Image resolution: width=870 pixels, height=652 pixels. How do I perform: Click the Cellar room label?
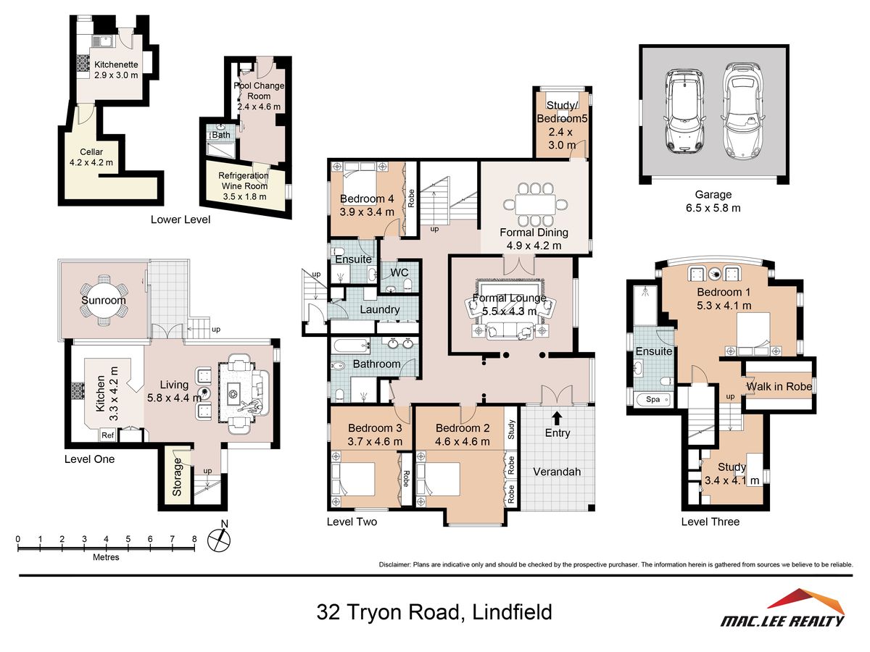(91, 151)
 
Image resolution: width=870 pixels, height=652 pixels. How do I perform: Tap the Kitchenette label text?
(116, 64)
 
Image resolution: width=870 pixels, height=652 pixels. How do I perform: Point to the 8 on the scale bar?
(194, 539)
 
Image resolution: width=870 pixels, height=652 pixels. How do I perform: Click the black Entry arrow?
(557, 418)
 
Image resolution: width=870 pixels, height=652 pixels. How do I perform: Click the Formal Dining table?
(535, 205)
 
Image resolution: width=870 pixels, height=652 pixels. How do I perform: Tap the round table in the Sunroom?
(104, 300)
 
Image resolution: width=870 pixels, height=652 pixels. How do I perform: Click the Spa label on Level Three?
(652, 399)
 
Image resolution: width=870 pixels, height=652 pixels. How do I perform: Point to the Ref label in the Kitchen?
(107, 435)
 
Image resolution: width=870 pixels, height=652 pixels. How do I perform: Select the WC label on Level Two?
(399, 272)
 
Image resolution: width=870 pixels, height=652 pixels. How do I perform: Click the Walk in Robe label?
(779, 386)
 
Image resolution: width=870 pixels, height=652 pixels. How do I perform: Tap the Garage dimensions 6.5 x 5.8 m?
(713, 208)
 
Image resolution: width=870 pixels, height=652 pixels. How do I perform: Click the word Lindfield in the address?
(512, 611)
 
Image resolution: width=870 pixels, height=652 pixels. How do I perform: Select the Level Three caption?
(710, 522)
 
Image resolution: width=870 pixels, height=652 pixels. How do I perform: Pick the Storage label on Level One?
(177, 477)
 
